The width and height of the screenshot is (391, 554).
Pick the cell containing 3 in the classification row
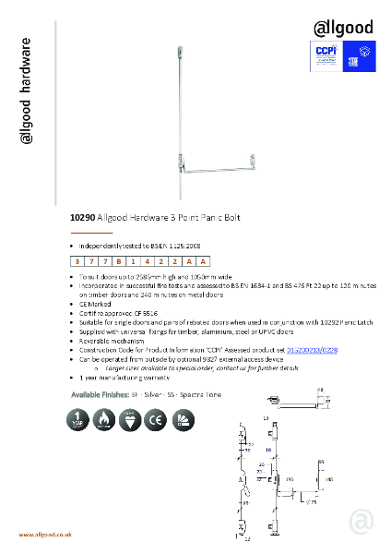click(77, 262)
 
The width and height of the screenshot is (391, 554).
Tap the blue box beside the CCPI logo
click(357, 54)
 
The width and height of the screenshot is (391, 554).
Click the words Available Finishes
click(101, 394)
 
